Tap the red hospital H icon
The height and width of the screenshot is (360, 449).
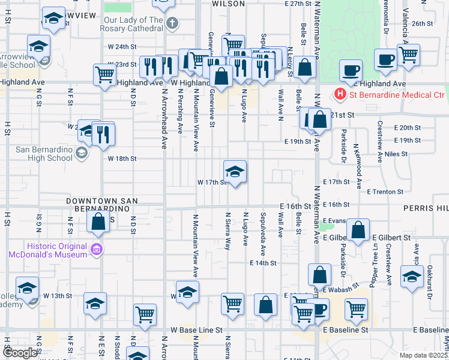340,94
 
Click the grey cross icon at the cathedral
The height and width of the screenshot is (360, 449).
173,24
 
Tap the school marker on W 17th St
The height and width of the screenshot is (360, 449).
235,172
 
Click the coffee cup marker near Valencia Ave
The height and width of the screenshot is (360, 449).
386,60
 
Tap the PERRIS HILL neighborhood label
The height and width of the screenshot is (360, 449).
429,207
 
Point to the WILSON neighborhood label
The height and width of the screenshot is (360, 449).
228,4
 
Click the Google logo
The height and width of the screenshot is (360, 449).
20,353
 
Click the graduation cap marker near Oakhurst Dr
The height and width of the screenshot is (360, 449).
412,277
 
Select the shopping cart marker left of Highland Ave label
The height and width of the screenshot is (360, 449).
104,76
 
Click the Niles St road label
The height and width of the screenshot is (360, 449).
396,154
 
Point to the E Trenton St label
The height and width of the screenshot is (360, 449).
385,191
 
